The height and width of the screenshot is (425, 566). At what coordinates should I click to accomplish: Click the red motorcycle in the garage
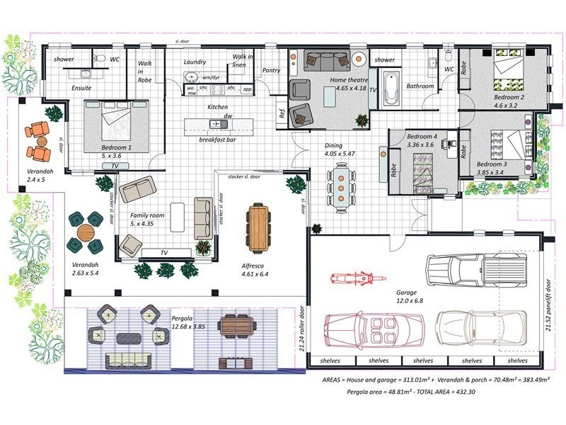(358, 278)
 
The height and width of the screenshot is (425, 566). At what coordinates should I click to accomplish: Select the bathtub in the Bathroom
(391, 89)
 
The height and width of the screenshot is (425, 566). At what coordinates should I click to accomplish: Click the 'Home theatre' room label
(349, 80)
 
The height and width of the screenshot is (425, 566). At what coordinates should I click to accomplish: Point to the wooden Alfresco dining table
(258, 227)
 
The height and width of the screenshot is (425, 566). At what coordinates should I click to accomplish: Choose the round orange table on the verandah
(86, 232)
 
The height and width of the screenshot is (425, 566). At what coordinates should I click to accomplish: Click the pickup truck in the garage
(477, 269)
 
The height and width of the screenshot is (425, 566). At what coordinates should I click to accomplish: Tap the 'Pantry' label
(271, 70)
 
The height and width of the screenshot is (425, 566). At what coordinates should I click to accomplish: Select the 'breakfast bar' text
(217, 140)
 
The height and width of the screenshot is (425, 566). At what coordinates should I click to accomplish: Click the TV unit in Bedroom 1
(115, 166)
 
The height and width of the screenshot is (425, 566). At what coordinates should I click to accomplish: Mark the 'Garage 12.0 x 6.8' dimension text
(406, 296)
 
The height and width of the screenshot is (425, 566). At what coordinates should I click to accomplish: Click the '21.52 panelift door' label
(548, 305)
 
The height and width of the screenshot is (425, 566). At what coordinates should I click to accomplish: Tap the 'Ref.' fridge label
(282, 113)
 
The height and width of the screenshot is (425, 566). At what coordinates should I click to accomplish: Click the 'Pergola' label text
(182, 318)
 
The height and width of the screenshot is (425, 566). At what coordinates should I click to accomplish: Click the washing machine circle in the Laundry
(190, 76)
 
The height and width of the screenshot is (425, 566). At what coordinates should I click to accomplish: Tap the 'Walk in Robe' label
(145, 72)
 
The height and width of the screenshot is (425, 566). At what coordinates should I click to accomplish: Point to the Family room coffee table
(178, 217)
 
